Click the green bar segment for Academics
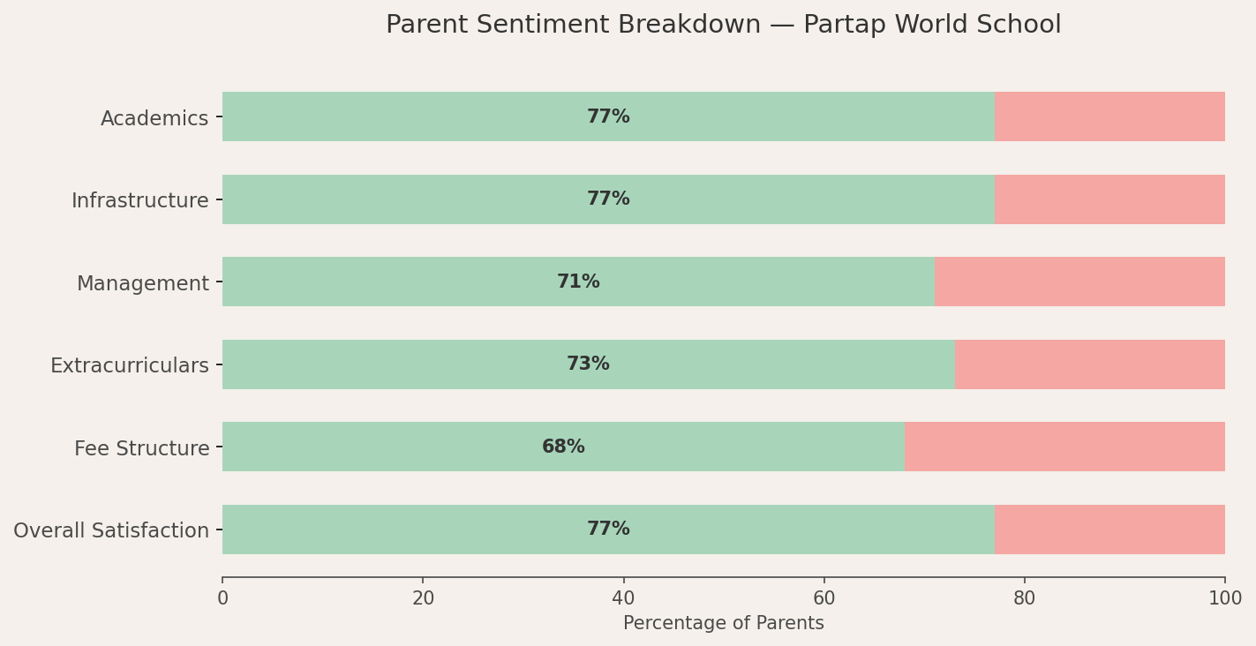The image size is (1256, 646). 608,116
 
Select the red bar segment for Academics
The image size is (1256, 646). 1109,116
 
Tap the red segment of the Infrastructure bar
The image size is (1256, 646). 1109,199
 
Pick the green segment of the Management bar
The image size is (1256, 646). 579,282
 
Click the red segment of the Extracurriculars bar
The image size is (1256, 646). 1090,364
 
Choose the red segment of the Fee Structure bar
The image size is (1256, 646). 1064,447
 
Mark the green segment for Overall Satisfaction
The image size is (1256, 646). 608,530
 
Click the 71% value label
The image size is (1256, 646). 579,282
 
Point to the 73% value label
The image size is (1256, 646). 588,364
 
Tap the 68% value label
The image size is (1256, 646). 563,447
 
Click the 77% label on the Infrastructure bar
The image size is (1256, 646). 608,199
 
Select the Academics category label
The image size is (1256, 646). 154,118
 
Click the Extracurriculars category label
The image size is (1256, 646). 130,365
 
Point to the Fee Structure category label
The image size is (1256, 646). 142,448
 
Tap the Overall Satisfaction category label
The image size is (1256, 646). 111,530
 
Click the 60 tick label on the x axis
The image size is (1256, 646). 824,599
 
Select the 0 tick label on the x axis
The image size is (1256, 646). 222,599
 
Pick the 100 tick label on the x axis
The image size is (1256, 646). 1225,599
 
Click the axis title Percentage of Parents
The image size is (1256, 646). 724,623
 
